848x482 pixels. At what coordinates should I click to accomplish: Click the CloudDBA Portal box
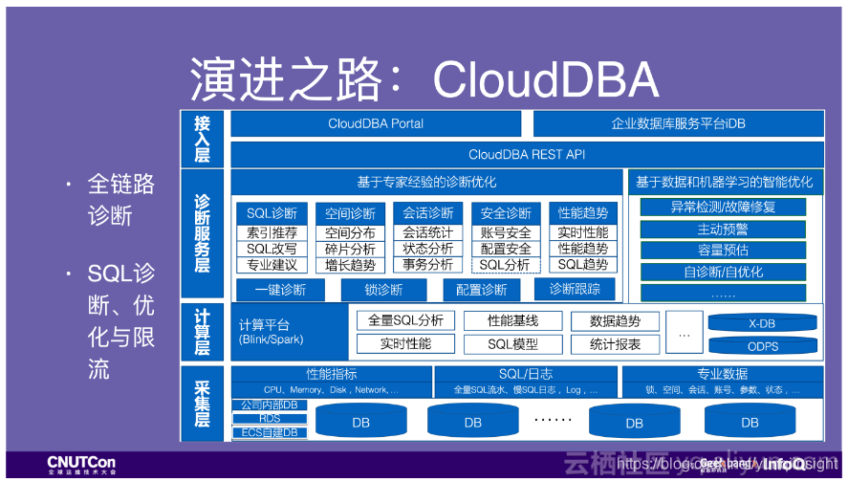376,124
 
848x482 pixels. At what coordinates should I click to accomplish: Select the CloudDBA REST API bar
527,154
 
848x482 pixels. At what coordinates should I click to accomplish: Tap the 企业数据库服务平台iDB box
679,124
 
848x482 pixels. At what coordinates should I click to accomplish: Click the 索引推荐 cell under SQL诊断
272,232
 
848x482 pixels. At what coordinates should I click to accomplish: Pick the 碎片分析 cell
350,249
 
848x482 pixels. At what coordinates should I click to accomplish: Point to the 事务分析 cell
427,265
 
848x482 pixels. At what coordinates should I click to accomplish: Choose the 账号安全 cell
506,232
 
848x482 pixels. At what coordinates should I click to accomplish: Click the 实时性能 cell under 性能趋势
583,232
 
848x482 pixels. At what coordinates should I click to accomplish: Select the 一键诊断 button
281,290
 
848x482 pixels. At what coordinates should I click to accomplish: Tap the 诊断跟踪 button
576,290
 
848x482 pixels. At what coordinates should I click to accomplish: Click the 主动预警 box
723,230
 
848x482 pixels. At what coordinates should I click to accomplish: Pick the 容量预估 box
723,251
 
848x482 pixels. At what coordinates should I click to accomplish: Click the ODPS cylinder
761,346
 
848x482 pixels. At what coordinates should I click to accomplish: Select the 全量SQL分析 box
405,321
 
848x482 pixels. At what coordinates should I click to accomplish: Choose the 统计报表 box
615,344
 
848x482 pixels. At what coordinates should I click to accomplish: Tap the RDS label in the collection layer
270,419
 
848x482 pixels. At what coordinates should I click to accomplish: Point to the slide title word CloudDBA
545,79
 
